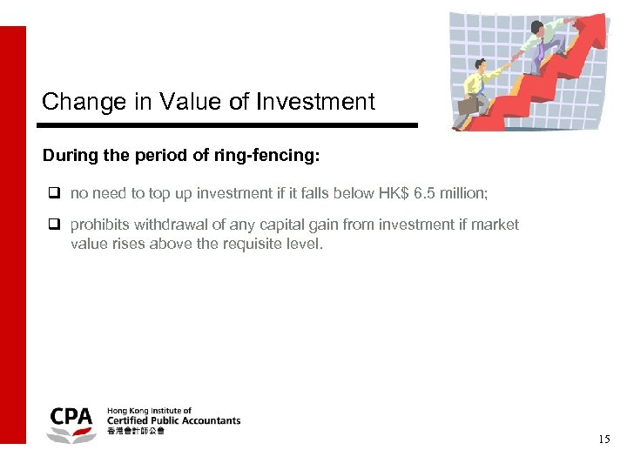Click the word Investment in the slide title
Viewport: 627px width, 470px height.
[315, 102]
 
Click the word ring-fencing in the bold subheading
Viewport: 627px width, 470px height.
[275, 157]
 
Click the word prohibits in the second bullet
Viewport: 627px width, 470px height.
[100, 225]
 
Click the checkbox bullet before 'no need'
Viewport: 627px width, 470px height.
[53, 193]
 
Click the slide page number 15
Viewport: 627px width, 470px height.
[603, 440]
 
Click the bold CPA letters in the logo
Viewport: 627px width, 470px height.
[71, 416]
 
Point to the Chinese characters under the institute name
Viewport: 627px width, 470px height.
[135, 432]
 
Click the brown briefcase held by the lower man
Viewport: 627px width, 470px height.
[469, 104]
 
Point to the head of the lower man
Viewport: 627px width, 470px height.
[482, 64]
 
